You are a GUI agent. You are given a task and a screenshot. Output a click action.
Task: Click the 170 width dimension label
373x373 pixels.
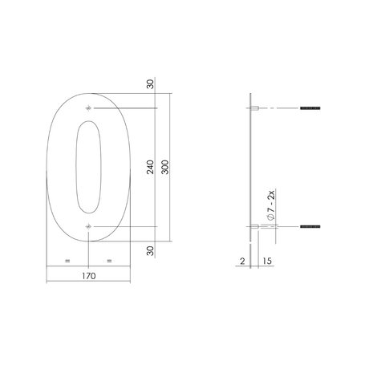pyautogui.click(x=88, y=275)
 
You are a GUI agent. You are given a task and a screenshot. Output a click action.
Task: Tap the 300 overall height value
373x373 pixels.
pyautogui.click(x=164, y=168)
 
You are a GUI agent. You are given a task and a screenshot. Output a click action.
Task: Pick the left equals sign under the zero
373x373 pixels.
pyautogui.click(x=67, y=262)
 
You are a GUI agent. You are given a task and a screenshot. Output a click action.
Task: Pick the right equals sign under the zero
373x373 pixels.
pyautogui.click(x=109, y=262)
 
